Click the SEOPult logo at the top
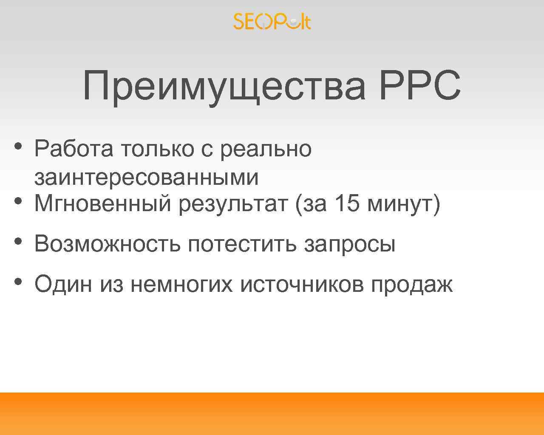coord(272,21)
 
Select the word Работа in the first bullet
coord(74,149)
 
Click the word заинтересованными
coord(146,177)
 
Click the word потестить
coord(242,244)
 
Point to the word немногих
coord(182,284)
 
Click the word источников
coord(302,284)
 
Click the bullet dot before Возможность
coord(18,241)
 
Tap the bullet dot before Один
coord(18,281)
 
